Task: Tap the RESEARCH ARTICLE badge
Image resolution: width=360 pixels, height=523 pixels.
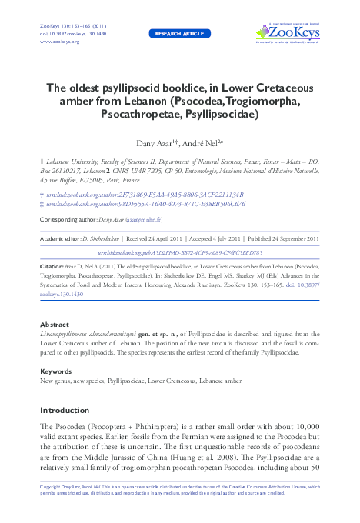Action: click(x=179, y=34)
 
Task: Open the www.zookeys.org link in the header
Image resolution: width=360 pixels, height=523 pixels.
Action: click(x=53, y=41)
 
